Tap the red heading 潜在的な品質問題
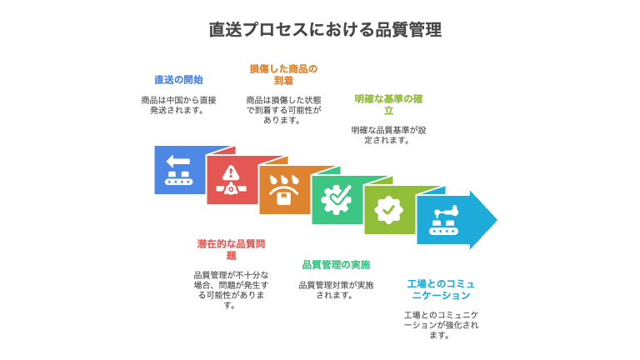pyautogui.click(x=231, y=250)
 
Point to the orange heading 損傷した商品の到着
pyautogui.click(x=283, y=74)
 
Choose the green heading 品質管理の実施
pyautogui.click(x=336, y=265)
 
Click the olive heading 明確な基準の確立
pyautogui.click(x=388, y=104)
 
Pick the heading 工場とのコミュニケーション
pyautogui.click(x=441, y=289)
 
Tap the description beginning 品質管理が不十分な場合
pyautogui.click(x=231, y=290)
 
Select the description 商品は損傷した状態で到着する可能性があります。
pyautogui.click(x=283, y=110)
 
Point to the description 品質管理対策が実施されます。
pyautogui.click(x=336, y=290)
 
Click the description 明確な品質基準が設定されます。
pyautogui.click(x=388, y=135)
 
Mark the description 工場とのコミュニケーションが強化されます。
pyautogui.click(x=441, y=325)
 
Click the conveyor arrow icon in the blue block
pyautogui.click(x=179, y=169)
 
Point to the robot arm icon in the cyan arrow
pyautogui.click(x=443, y=220)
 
